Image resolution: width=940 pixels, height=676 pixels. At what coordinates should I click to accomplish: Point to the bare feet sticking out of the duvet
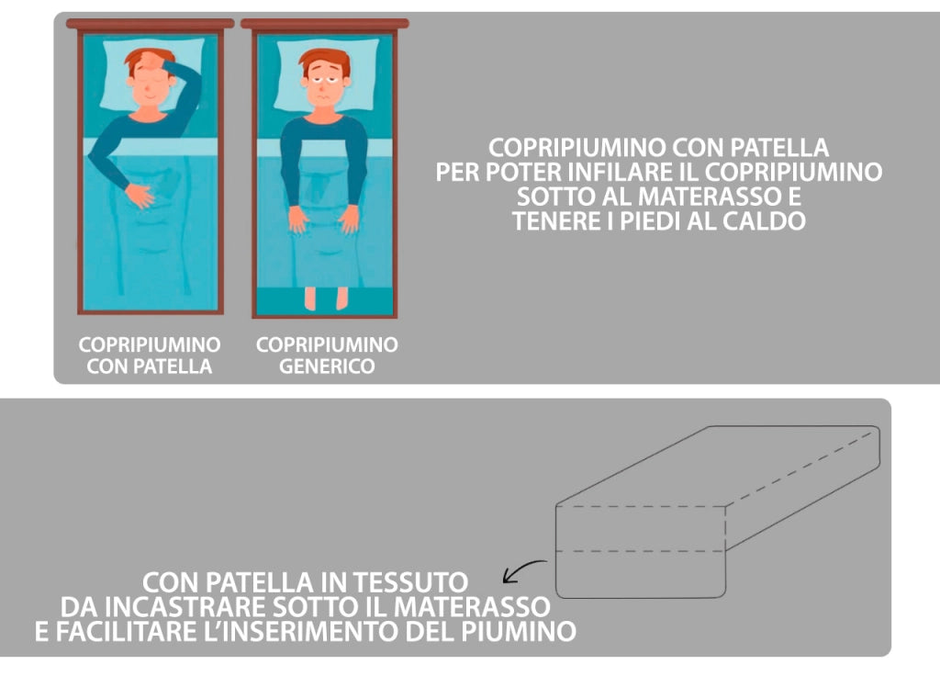click(327, 297)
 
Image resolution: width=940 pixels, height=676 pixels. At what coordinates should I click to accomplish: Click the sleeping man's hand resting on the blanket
click(139, 195)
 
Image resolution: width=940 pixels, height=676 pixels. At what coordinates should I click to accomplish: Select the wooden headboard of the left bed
click(151, 24)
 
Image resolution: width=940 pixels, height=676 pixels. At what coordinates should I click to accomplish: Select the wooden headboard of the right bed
click(325, 24)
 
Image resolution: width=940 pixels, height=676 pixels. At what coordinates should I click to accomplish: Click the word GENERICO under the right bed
click(328, 366)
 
